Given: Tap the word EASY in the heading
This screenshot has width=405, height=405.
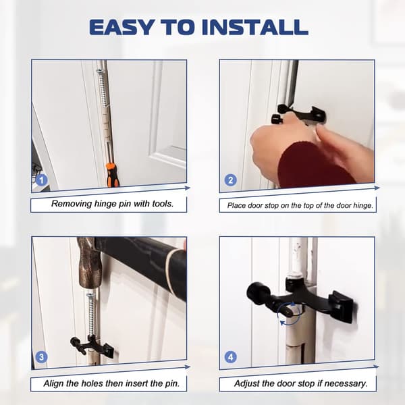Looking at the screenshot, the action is (123, 27).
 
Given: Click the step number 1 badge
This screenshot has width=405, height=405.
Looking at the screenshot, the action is (42, 180).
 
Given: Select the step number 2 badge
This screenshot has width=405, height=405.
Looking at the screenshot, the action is (230, 180).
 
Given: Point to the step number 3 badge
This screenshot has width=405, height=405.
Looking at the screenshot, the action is (41, 357).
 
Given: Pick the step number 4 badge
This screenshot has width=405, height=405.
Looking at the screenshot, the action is (230, 357).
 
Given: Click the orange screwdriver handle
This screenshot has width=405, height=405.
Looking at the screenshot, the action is (112, 174).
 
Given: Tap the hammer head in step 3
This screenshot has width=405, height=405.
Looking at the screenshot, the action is (88, 263).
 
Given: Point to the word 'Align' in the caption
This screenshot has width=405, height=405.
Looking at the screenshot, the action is (54, 383).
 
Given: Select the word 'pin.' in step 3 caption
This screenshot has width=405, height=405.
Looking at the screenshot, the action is (172, 383).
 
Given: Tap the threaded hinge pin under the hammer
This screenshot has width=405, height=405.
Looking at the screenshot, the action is (90, 315).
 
